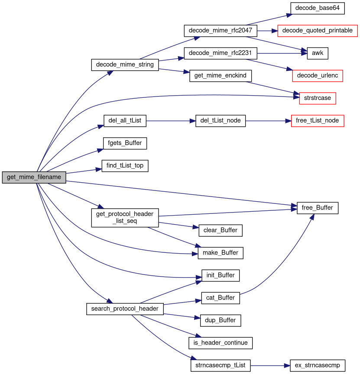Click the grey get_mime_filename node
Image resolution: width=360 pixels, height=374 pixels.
tap(34, 177)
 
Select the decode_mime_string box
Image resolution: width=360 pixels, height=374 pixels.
tap(125, 64)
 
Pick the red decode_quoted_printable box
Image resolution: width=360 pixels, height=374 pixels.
tap(318, 31)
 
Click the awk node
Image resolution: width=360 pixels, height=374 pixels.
tap(318, 53)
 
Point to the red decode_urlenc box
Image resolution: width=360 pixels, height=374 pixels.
tap(318, 76)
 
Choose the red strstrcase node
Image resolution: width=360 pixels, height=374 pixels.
tap(318, 98)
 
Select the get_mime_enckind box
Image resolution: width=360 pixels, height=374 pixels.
tap(220, 76)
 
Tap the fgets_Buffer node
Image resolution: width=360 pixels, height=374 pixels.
tap(125, 143)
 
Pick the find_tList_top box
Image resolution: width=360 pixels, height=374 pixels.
tap(125, 166)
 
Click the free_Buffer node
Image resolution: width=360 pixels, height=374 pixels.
tap(318, 208)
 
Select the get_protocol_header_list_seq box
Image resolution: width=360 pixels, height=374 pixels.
tap(125, 218)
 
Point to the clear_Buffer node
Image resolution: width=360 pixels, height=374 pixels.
tap(220, 230)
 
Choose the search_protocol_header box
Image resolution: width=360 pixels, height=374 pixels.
tap(125, 309)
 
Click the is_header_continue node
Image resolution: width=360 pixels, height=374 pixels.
tap(220, 343)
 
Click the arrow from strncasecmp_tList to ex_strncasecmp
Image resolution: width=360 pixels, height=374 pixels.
tap(266, 365)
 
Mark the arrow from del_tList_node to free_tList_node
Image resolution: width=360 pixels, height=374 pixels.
tap(265, 121)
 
